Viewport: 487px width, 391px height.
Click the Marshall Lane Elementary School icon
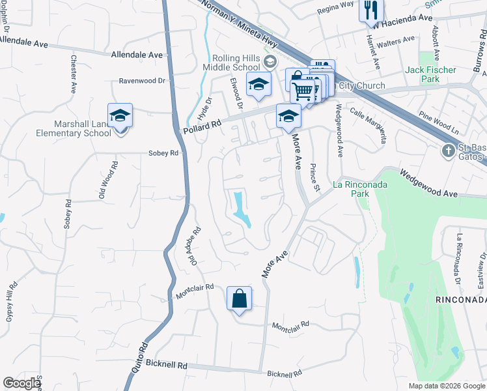coord(120,116)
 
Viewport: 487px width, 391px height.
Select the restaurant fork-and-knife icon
coord(371,8)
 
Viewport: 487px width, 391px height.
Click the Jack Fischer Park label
coord(431,74)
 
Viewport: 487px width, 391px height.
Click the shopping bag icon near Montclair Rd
coord(239,299)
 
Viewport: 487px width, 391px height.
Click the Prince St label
coord(315,177)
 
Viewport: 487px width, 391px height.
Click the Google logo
coord(21,383)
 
